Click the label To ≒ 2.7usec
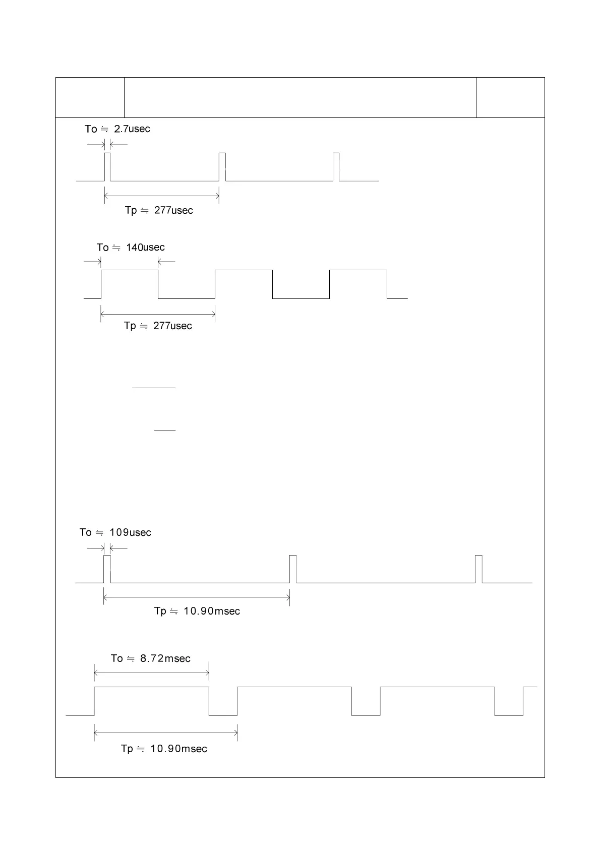coord(117,129)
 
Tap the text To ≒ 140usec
coord(131,248)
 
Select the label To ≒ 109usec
coord(115,532)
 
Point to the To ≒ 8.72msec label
coord(151,658)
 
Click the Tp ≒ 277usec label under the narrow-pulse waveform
coord(159,210)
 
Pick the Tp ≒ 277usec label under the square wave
coord(158,326)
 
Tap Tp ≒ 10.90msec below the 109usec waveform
coord(197,611)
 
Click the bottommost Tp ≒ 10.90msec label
coord(164,749)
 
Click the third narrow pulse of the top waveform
coord(336,166)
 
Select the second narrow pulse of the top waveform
coord(222,166)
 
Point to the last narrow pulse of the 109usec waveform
coord(478,569)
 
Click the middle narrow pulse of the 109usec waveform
coord(293,569)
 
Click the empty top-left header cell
coord(90,97)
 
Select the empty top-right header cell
coord(510,97)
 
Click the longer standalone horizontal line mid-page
coord(154,388)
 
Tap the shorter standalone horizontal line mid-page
coord(165,431)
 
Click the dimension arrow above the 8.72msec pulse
coord(151,673)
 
